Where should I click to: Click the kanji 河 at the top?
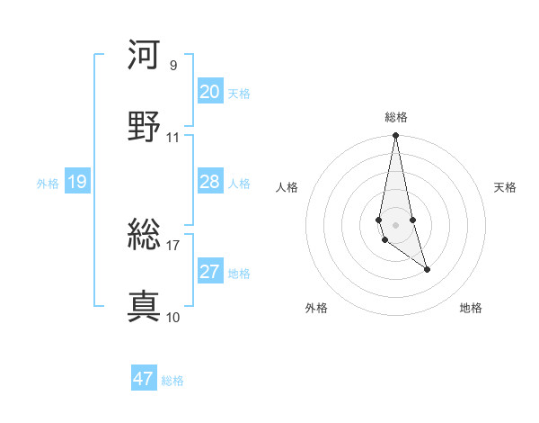point(144,54)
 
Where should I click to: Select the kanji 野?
point(144,127)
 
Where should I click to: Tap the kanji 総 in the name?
point(144,235)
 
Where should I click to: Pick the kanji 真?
point(144,306)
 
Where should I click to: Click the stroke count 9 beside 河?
point(173,65)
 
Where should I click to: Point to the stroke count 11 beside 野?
point(173,138)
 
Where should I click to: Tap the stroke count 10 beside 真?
point(173,317)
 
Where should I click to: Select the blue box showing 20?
point(210,92)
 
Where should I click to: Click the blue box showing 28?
point(210,182)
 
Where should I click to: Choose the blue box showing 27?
point(210,272)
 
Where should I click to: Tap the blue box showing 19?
point(76,182)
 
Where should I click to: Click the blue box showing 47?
point(144,379)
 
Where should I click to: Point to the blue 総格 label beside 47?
point(172,381)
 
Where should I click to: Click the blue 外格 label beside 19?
point(48,184)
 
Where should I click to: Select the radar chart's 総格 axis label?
point(396,117)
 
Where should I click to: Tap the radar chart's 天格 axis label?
point(505,187)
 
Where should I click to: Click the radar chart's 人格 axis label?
point(287,187)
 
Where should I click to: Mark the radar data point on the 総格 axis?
point(395,136)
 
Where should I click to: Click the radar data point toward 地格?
point(427,269)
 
